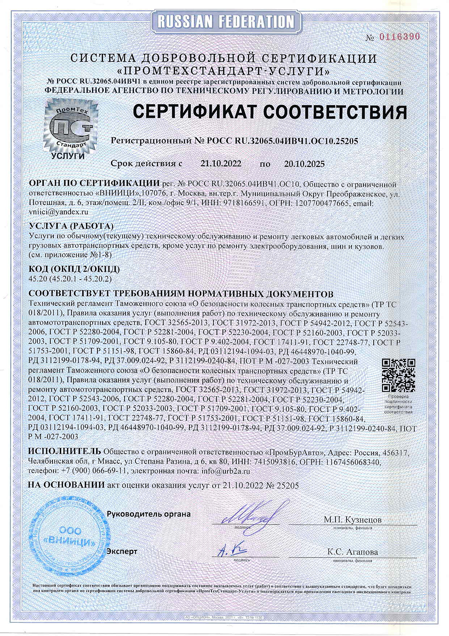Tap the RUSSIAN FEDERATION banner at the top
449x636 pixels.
point(224,21)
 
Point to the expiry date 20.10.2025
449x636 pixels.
point(303,164)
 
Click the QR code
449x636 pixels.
point(398,376)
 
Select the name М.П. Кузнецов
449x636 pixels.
point(352,519)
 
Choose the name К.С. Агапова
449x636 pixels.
point(352,552)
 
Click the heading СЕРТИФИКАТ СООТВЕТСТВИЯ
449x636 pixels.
point(270,112)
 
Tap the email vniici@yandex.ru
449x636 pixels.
point(58,211)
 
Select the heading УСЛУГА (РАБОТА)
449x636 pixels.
point(71,226)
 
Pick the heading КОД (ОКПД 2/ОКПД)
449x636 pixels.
point(74,269)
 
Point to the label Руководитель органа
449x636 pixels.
point(148,514)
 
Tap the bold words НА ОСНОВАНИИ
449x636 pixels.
point(66,485)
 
